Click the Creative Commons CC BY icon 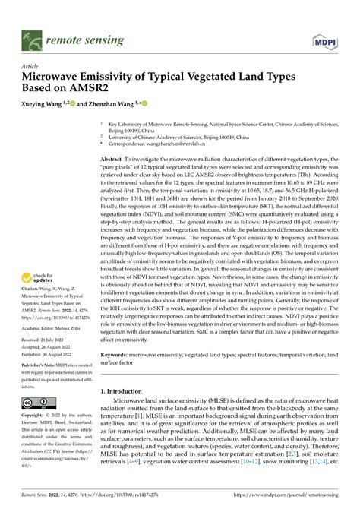[x=37, y=401]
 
